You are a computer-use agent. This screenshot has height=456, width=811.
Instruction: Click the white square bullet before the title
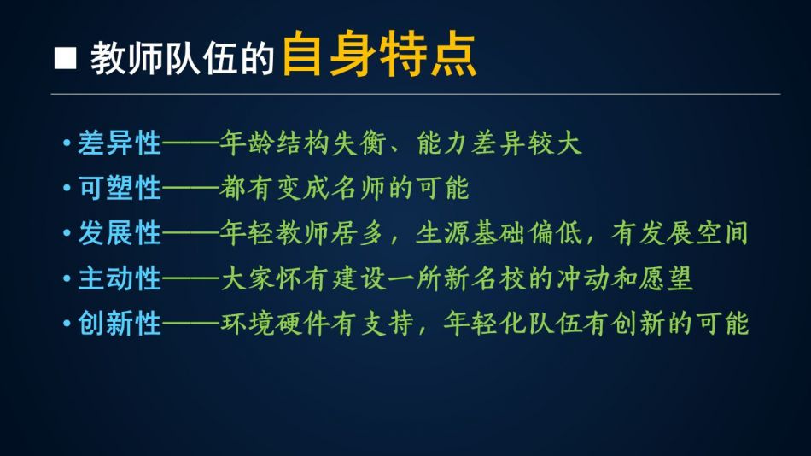pos(65,58)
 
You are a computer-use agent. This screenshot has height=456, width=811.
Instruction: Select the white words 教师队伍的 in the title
pos(182,58)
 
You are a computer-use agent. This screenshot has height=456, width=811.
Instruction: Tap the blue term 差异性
pos(120,143)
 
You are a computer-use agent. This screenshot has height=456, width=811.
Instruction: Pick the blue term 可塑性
pos(120,188)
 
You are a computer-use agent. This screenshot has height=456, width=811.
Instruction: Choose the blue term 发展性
pos(120,233)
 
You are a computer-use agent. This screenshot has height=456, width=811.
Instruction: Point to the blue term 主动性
pos(120,278)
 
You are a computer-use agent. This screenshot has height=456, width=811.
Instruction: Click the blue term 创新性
pos(120,324)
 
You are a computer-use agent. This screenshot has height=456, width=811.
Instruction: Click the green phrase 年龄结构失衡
pos(302,143)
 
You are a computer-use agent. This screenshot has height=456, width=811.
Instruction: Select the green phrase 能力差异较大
pos(499,143)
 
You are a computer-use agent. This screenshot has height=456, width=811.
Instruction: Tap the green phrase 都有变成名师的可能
pos(344,188)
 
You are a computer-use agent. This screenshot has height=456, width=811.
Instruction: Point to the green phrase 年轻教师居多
pos(302,233)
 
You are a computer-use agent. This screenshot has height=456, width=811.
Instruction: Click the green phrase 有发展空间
pos(680,233)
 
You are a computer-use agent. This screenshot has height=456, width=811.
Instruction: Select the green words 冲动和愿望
pos(624,278)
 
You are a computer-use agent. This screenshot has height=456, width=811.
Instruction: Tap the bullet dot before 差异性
pos(67,143)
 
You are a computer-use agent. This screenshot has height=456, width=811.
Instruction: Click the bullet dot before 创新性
pos(67,324)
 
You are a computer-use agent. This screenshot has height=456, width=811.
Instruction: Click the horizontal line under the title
pos(416,94)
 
